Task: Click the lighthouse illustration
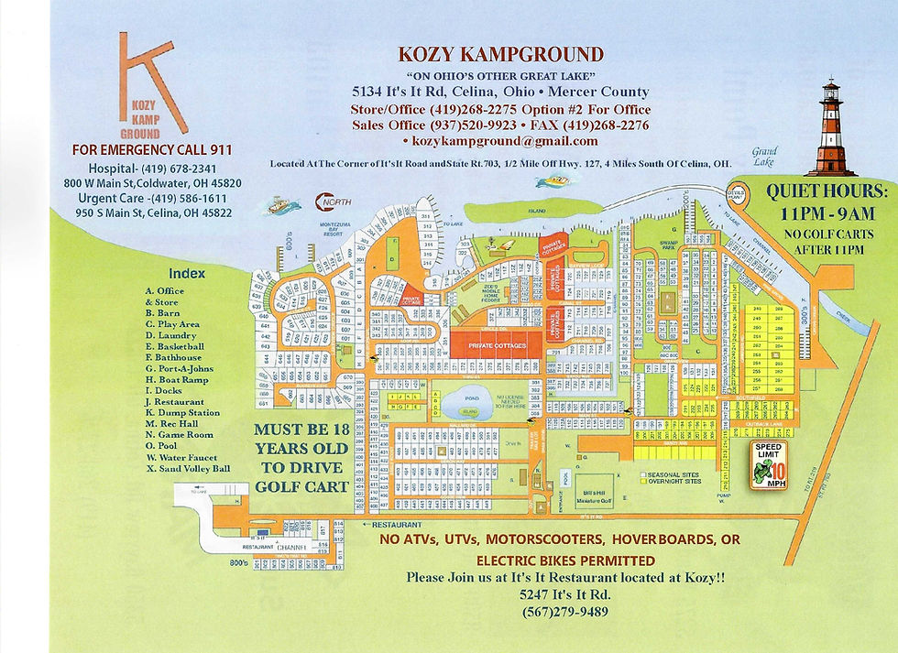pyautogui.click(x=830, y=127)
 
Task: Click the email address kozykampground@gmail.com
pyautogui.click(x=499, y=141)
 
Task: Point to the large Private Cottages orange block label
pyautogui.click(x=497, y=345)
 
